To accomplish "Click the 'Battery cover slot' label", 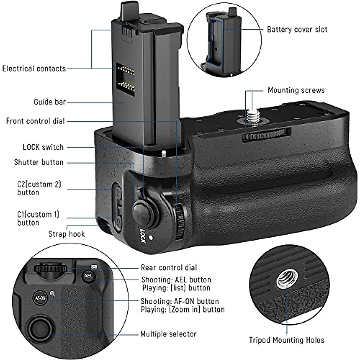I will [x=297, y=29].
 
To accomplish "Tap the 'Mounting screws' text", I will [x=296, y=90].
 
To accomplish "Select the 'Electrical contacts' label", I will [x=34, y=69].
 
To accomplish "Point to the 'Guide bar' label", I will [x=49, y=102].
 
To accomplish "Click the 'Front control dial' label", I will [x=35, y=121].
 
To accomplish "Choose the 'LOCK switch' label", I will [x=43, y=147].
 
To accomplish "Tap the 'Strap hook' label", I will [x=66, y=234].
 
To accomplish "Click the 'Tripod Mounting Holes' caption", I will [x=286, y=340].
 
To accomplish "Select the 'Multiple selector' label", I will [x=168, y=334].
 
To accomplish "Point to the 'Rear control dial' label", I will [x=169, y=268].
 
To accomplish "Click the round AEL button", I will [x=88, y=275].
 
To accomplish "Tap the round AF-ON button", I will [x=40, y=298].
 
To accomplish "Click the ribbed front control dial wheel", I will [x=180, y=221].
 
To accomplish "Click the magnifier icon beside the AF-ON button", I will [x=52, y=294].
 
